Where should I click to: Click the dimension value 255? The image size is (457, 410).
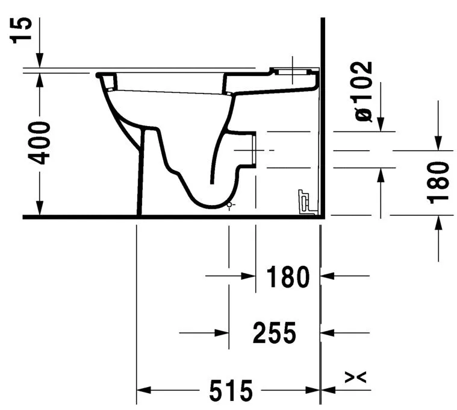tap(274, 333)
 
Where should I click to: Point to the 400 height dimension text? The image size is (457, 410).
tap(40, 143)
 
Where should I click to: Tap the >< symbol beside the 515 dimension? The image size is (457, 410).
tap(355, 377)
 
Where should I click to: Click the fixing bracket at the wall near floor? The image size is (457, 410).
tap(306, 201)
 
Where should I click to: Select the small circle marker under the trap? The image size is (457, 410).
tap(229, 205)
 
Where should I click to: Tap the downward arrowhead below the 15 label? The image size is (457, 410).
tap(39, 61)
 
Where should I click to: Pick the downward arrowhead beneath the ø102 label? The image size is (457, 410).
tap(381, 124)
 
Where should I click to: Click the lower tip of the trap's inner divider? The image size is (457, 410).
tap(211, 181)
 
